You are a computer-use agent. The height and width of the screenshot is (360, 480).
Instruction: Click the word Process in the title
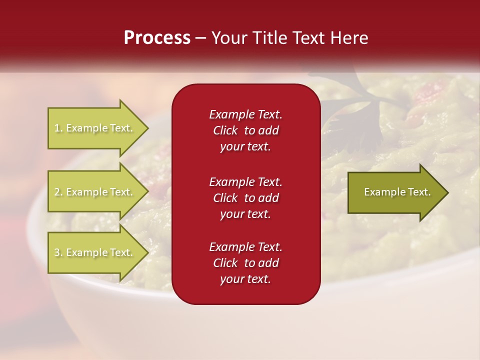pyautogui.click(x=157, y=38)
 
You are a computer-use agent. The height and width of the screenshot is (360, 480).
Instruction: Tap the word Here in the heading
pyautogui.click(x=348, y=38)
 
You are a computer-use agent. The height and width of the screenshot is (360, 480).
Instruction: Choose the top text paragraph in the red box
pyautogui.click(x=245, y=130)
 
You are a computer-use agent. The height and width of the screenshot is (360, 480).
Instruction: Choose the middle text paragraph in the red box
pyautogui.click(x=245, y=198)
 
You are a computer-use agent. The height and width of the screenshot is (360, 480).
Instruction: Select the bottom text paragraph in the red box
pyautogui.click(x=245, y=263)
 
